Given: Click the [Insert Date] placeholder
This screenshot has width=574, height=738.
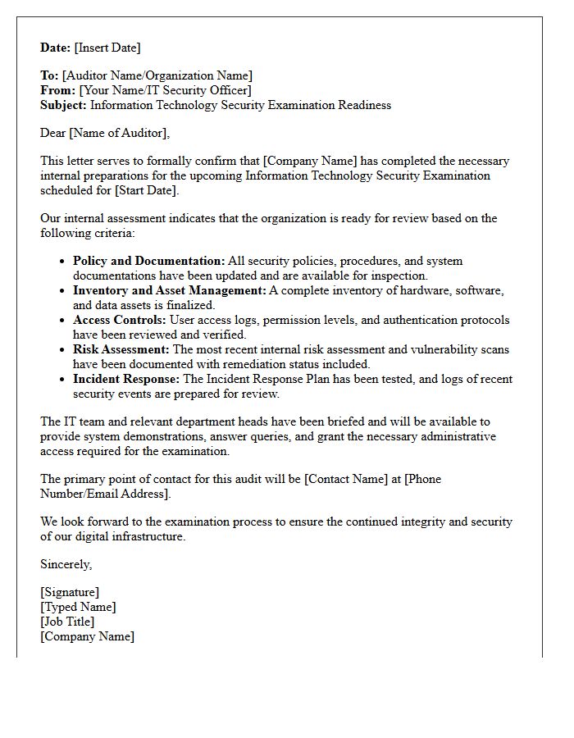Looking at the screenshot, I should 107,48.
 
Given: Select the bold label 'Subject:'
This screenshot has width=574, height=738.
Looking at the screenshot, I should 64,105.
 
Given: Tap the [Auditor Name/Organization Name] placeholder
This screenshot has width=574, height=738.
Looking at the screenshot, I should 157,75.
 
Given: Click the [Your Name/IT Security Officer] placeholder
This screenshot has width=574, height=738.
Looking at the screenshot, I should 165,90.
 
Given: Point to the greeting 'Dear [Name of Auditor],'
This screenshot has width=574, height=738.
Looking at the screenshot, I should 105,133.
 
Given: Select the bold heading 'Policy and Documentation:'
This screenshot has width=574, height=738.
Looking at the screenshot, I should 148,261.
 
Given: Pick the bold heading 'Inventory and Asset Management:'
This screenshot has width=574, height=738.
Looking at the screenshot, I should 170,290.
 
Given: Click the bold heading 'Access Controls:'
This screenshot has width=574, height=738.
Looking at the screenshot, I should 120,320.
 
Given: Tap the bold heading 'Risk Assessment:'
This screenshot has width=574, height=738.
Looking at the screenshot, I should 121,349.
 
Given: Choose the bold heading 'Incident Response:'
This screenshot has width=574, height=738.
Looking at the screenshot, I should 126,379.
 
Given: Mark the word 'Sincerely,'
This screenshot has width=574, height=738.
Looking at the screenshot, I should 66,564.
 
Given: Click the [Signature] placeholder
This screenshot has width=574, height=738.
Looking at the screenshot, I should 70,592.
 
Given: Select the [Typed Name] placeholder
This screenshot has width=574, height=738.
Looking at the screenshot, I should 78,607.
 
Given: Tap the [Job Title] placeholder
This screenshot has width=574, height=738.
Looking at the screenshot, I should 67,622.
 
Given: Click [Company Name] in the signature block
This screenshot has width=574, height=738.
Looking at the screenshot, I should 87,636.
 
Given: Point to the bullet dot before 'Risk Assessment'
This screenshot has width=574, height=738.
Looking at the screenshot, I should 63,350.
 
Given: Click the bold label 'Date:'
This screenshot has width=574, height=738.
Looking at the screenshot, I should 56,48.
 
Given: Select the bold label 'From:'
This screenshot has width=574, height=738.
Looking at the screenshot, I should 58,90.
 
